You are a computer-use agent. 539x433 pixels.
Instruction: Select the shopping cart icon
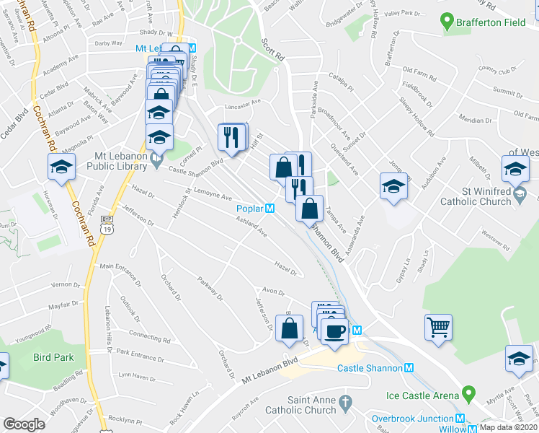437,328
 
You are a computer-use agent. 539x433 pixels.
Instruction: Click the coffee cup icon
334,331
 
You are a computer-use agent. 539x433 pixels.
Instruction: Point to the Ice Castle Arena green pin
469,395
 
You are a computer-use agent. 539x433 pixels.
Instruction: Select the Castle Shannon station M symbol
409,368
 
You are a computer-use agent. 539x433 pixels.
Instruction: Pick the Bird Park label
53,357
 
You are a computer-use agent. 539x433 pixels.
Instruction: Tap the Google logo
24,424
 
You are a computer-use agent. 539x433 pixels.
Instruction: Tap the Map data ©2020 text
508,427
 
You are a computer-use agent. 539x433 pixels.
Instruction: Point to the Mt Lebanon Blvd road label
270,369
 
